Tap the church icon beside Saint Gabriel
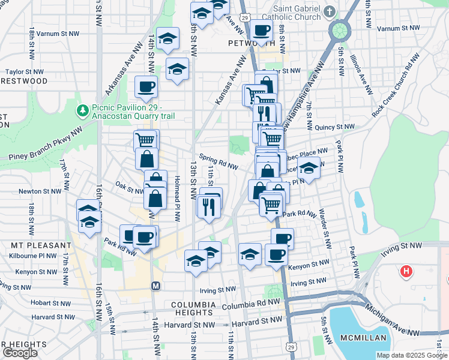pos(330,11)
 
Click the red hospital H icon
pos(407,272)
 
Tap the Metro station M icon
pos(155,286)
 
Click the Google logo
pos(20,353)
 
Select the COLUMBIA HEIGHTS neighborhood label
pos(193,305)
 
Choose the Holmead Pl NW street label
pos(177,198)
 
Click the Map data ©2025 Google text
pos(412,355)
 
